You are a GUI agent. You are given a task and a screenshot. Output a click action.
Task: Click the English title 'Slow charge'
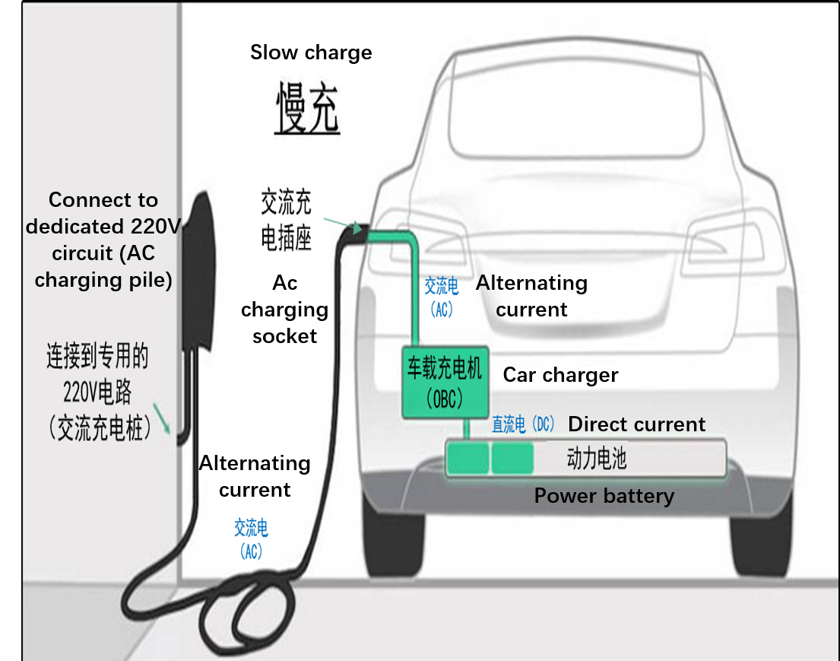tap(311, 52)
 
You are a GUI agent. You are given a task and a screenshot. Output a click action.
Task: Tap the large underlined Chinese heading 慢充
tap(306, 109)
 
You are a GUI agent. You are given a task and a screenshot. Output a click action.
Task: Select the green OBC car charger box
tap(445, 384)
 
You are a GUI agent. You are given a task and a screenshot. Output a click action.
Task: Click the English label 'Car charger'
tap(560, 375)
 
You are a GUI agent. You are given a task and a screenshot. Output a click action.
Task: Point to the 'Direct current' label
tap(637, 424)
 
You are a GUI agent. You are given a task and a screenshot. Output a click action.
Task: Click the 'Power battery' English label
tap(604, 496)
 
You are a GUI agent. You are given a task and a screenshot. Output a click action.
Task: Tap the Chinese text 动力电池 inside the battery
tap(597, 459)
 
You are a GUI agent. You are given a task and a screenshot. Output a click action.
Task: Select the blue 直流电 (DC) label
tap(524, 424)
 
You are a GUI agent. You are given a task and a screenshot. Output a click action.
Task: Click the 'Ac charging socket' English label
tap(284, 310)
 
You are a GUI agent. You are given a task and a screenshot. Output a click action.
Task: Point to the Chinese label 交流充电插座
tap(286, 221)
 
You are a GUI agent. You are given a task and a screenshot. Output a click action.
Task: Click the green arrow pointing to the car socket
tap(342, 224)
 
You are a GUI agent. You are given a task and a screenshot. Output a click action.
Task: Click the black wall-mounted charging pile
tap(199, 274)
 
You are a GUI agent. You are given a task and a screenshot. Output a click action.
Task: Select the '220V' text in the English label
tap(156, 227)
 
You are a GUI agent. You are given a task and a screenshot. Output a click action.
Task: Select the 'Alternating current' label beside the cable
tap(255, 476)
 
